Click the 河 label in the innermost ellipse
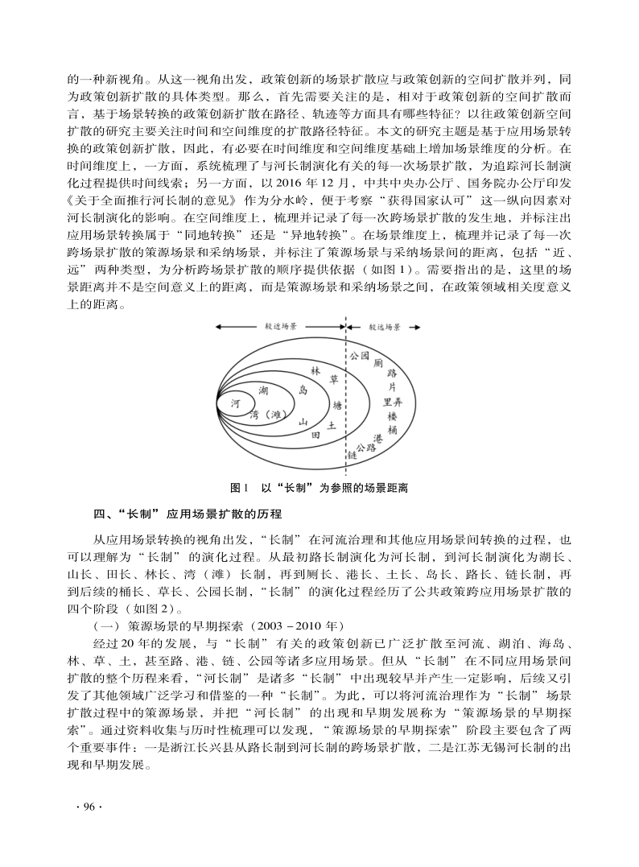tap(235, 403)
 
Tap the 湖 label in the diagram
tap(263, 390)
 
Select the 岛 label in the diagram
tap(303, 390)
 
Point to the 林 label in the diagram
tap(315, 371)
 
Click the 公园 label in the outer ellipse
tap(359, 355)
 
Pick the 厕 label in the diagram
tap(377, 364)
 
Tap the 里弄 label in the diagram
tap(393, 402)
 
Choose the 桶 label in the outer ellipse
tap(392, 430)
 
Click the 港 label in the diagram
tap(377, 439)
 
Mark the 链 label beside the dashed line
tap(352, 456)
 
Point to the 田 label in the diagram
tap(316, 435)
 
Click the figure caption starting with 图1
tap(319, 488)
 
